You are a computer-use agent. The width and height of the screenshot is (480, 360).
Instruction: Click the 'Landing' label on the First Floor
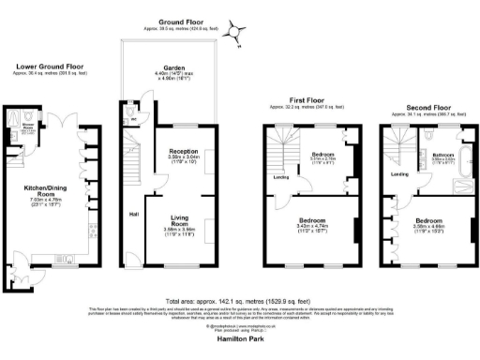point(281,175)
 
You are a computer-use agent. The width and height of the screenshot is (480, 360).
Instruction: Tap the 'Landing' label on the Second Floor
point(399,174)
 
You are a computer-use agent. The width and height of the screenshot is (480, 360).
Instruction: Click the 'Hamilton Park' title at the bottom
point(238,346)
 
